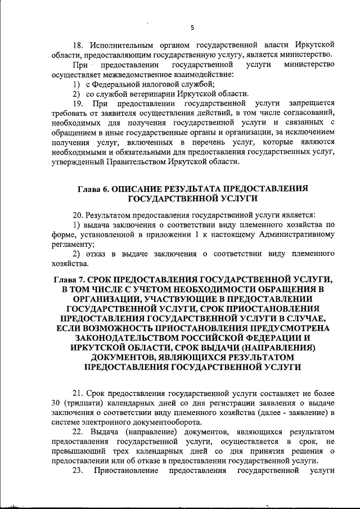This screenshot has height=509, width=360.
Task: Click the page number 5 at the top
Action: (x=192, y=28)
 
